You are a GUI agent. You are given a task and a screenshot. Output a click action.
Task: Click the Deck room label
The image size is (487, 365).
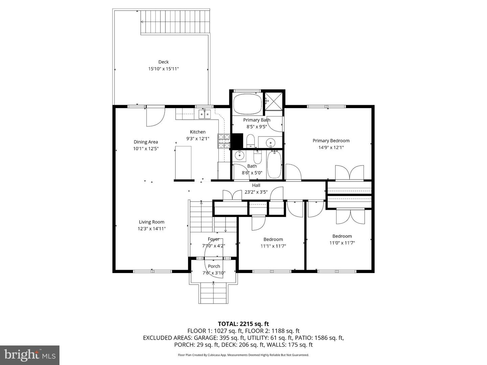tap(163, 62)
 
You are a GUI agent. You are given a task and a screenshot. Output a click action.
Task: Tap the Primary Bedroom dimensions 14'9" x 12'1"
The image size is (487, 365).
tap(330, 147)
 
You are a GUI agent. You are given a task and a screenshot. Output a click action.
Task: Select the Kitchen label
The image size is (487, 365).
tap(198, 132)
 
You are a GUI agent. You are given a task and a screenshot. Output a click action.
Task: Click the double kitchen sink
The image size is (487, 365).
tap(204, 114)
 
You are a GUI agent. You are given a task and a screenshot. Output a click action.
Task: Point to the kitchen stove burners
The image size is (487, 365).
tap(223, 141)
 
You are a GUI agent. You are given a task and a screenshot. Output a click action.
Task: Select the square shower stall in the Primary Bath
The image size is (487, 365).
tap(274, 101)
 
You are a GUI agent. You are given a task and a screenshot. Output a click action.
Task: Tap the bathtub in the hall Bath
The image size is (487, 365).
tap(274, 165)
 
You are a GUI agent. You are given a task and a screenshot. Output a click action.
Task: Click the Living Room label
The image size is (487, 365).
tap(152, 222)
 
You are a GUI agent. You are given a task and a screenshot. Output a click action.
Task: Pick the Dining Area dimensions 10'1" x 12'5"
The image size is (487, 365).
tap(146, 149)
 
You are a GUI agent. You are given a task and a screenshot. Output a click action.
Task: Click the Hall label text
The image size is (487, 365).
tap(256, 185)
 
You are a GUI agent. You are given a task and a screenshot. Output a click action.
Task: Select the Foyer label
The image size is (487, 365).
tap(213, 239)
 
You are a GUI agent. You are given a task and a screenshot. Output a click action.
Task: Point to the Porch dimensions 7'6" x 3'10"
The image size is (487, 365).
tap(214, 273)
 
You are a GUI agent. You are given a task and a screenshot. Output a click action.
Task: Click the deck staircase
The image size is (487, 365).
tap(175, 22)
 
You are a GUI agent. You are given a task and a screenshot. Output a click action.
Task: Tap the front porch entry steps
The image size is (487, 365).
tap(213, 293)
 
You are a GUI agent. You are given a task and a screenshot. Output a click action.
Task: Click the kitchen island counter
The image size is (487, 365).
tap(183, 163)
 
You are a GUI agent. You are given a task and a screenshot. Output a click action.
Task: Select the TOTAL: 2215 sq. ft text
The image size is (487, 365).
tap(243, 324)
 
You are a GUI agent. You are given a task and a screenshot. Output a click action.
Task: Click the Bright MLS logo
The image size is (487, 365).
tap(30, 355)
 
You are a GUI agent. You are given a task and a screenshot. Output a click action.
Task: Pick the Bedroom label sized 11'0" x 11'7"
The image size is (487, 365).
tap(342, 236)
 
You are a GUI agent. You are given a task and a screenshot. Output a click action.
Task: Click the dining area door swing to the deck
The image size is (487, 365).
tap(155, 117)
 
